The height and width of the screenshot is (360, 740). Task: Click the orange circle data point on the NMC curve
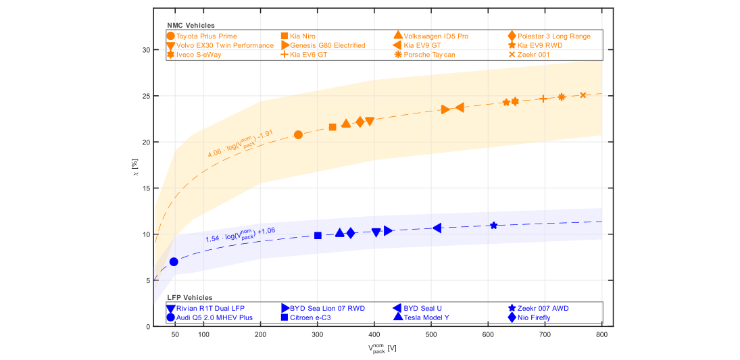[298, 135]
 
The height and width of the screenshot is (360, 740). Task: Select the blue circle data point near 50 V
[174, 262]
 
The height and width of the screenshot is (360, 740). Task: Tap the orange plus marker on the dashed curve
[543, 99]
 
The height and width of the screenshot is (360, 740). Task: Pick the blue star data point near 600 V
[493, 226]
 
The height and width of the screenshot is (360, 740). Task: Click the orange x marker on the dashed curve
[583, 95]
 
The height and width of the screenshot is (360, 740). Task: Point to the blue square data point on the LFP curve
[318, 236]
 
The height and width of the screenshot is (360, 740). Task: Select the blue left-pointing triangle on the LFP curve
[437, 228]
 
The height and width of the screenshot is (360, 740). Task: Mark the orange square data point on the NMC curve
[332, 127]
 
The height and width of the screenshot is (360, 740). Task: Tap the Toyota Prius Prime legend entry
[202, 36]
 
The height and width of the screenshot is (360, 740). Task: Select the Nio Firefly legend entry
[529, 317]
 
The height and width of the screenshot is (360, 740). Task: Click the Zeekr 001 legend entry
[527, 55]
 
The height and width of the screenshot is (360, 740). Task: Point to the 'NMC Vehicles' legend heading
[191, 25]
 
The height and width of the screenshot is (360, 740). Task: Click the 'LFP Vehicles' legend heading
[190, 298]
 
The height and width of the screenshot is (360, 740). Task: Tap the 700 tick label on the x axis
[545, 334]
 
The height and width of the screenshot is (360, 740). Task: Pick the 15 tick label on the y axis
[146, 188]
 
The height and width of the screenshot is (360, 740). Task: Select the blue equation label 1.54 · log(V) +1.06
[241, 234]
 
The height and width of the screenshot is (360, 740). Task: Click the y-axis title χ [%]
[137, 174]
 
